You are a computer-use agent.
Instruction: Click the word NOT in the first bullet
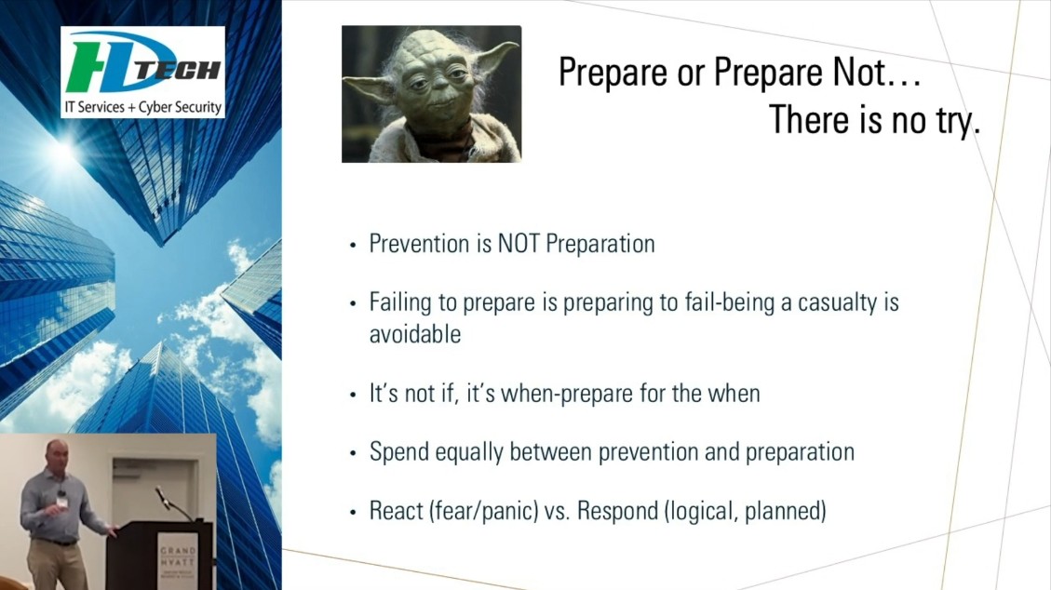point(519,244)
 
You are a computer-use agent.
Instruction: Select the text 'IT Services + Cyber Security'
point(142,107)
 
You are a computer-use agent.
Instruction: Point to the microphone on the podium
point(163,497)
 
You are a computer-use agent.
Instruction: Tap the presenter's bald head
point(57,448)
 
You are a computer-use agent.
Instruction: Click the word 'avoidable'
point(415,334)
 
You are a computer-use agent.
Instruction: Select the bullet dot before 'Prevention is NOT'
point(353,246)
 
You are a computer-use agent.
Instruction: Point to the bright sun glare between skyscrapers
point(63,151)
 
